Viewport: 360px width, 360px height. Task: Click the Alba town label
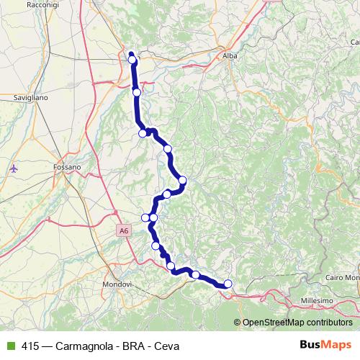click(x=230, y=55)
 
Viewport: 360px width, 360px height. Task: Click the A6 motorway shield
click(x=124, y=230)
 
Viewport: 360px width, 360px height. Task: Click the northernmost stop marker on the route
click(x=132, y=60)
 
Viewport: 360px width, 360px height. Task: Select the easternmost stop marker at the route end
click(x=228, y=284)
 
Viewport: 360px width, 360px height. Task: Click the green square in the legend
click(x=9, y=346)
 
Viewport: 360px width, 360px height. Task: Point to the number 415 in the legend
click(x=31, y=346)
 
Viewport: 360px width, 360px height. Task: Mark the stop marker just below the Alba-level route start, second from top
click(x=137, y=92)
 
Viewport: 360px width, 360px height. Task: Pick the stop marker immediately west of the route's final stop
click(x=195, y=274)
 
